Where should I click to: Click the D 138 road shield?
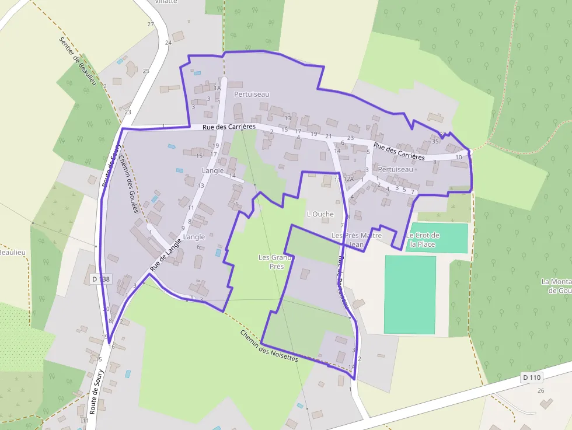(101, 279)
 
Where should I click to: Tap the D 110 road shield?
(532, 377)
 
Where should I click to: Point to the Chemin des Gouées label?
(128, 184)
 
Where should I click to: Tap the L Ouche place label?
(320, 214)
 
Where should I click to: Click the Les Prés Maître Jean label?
(356, 240)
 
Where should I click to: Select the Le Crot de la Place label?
(423, 240)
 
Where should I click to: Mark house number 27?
(151, 24)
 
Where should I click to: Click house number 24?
(168, 43)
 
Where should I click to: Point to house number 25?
(146, 71)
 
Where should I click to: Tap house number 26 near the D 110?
(540, 390)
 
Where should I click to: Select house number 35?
(435, 141)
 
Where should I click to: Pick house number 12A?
(348, 179)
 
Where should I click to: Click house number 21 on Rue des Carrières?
(329, 136)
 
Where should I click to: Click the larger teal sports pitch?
(410, 295)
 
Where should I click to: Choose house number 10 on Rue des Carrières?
(458, 157)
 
